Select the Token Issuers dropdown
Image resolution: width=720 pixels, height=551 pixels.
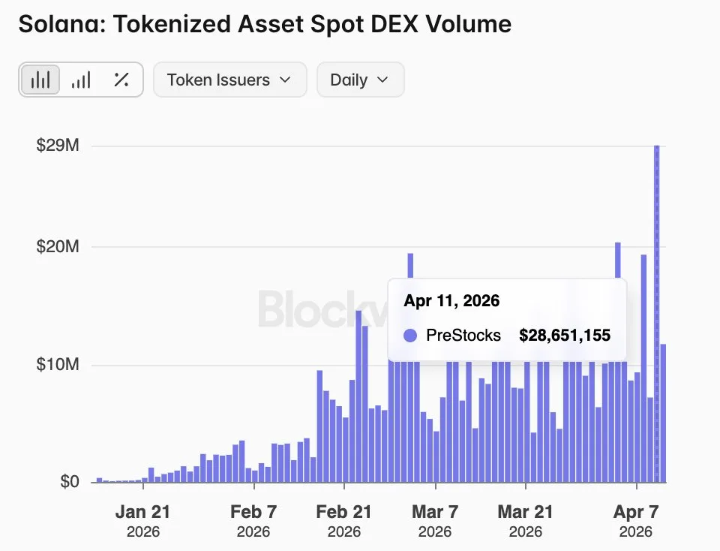(x=229, y=80)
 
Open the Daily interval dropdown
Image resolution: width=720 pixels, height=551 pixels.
(x=360, y=80)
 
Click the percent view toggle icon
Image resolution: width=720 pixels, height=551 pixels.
(x=121, y=80)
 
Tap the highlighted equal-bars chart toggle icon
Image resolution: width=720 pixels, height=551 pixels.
(x=40, y=80)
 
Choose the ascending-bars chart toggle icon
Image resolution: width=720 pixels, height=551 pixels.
(x=81, y=80)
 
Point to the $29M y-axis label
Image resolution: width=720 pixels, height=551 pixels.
(x=58, y=146)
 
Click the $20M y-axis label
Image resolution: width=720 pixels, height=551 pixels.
(x=58, y=247)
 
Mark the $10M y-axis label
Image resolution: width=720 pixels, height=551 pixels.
(x=58, y=366)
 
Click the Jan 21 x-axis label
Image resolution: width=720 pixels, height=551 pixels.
(x=142, y=513)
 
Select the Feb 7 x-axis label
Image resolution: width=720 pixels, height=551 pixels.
(x=253, y=513)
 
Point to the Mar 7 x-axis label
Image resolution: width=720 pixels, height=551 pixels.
(x=434, y=513)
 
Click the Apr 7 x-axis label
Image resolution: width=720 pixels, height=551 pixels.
(x=636, y=513)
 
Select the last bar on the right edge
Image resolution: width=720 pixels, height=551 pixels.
(x=663, y=413)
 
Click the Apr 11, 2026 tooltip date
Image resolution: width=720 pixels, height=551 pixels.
(x=451, y=301)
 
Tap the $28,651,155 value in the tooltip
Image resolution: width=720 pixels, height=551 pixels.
(x=564, y=336)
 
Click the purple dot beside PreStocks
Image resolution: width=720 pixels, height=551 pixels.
(x=409, y=336)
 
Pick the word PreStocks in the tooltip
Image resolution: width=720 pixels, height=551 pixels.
(x=463, y=336)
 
